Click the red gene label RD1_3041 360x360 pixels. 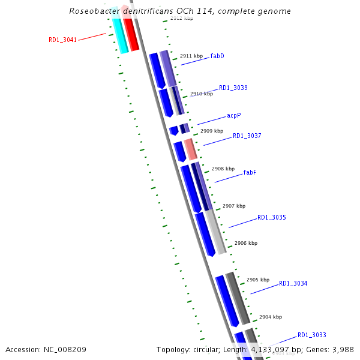pos(62,40)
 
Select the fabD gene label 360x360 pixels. pos(217,56)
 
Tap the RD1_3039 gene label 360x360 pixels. pos(233,88)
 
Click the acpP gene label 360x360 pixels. pos(234,115)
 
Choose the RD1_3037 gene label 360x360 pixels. pos(247,136)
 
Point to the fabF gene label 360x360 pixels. pos(250,172)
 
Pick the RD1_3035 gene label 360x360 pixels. pos(272,217)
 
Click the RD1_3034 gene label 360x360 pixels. pos(293,283)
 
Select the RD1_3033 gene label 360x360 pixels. pos(311,335)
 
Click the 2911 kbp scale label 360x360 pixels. pos(191,56)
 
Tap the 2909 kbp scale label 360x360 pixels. pos(212,131)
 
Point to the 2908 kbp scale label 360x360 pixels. pos(223,169)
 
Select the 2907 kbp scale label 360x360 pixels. pos(234,206)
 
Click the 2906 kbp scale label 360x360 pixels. pos(246,243)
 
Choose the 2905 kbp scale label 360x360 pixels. pos(258,280)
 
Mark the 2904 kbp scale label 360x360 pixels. pos(270,317)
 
